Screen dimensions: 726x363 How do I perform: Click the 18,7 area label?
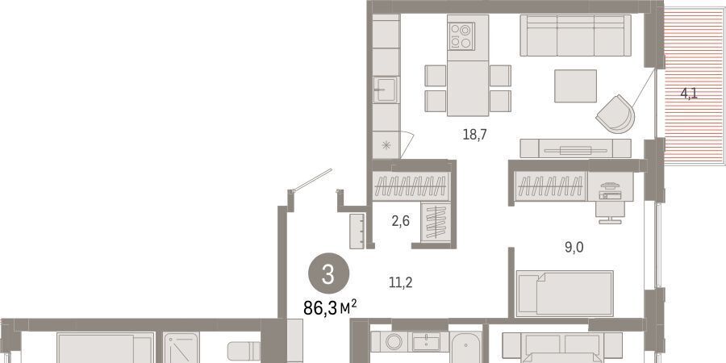(x=475, y=134)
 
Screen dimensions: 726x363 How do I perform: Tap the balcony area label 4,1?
(x=689, y=94)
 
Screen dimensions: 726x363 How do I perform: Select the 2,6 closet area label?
(x=400, y=221)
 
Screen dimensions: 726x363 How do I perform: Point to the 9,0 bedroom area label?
(x=574, y=248)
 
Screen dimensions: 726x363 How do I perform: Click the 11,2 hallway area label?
(x=401, y=282)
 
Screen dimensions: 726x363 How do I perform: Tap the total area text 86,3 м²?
(x=330, y=307)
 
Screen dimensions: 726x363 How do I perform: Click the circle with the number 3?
(x=328, y=276)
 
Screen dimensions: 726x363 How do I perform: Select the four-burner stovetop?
(x=461, y=36)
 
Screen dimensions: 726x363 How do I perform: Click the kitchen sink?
(x=386, y=90)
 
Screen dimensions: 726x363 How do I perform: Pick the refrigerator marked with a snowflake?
(x=386, y=145)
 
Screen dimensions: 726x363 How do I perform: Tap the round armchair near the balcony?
(x=615, y=114)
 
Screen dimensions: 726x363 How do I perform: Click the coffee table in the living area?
(x=575, y=86)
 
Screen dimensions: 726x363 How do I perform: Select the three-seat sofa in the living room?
(x=575, y=35)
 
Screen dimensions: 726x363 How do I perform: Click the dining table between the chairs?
(x=468, y=88)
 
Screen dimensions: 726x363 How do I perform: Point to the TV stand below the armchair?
(x=575, y=148)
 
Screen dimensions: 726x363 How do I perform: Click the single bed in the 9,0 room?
(x=565, y=294)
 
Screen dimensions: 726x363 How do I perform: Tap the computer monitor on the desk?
(x=609, y=186)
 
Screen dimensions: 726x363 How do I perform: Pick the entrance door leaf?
(x=312, y=180)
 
